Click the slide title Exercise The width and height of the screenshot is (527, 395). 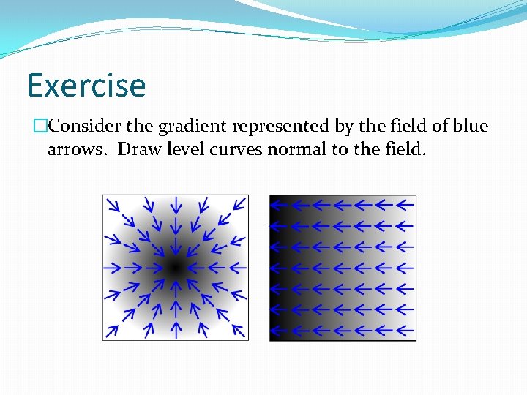point(86,85)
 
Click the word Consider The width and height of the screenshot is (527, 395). point(84,126)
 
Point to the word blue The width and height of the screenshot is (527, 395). point(470,126)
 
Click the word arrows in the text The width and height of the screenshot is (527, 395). point(76,150)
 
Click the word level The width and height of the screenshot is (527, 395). point(185,150)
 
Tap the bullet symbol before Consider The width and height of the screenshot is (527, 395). point(41,126)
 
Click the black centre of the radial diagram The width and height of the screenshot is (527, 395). point(174,268)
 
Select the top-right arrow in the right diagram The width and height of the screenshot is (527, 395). point(405,206)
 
